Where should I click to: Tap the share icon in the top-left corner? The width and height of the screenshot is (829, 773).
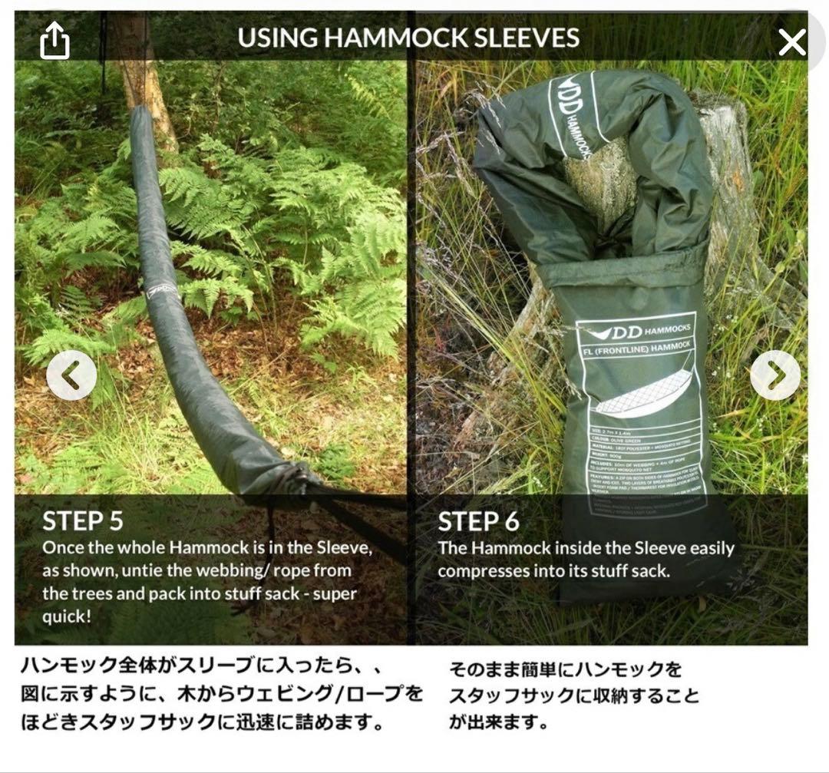coord(54,41)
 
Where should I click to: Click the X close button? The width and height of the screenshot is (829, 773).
coord(791,42)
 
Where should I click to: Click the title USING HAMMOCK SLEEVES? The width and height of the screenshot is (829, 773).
coord(408,38)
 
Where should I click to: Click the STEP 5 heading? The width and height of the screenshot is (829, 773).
coord(83,521)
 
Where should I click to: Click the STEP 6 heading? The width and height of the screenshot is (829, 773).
coord(478,522)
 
